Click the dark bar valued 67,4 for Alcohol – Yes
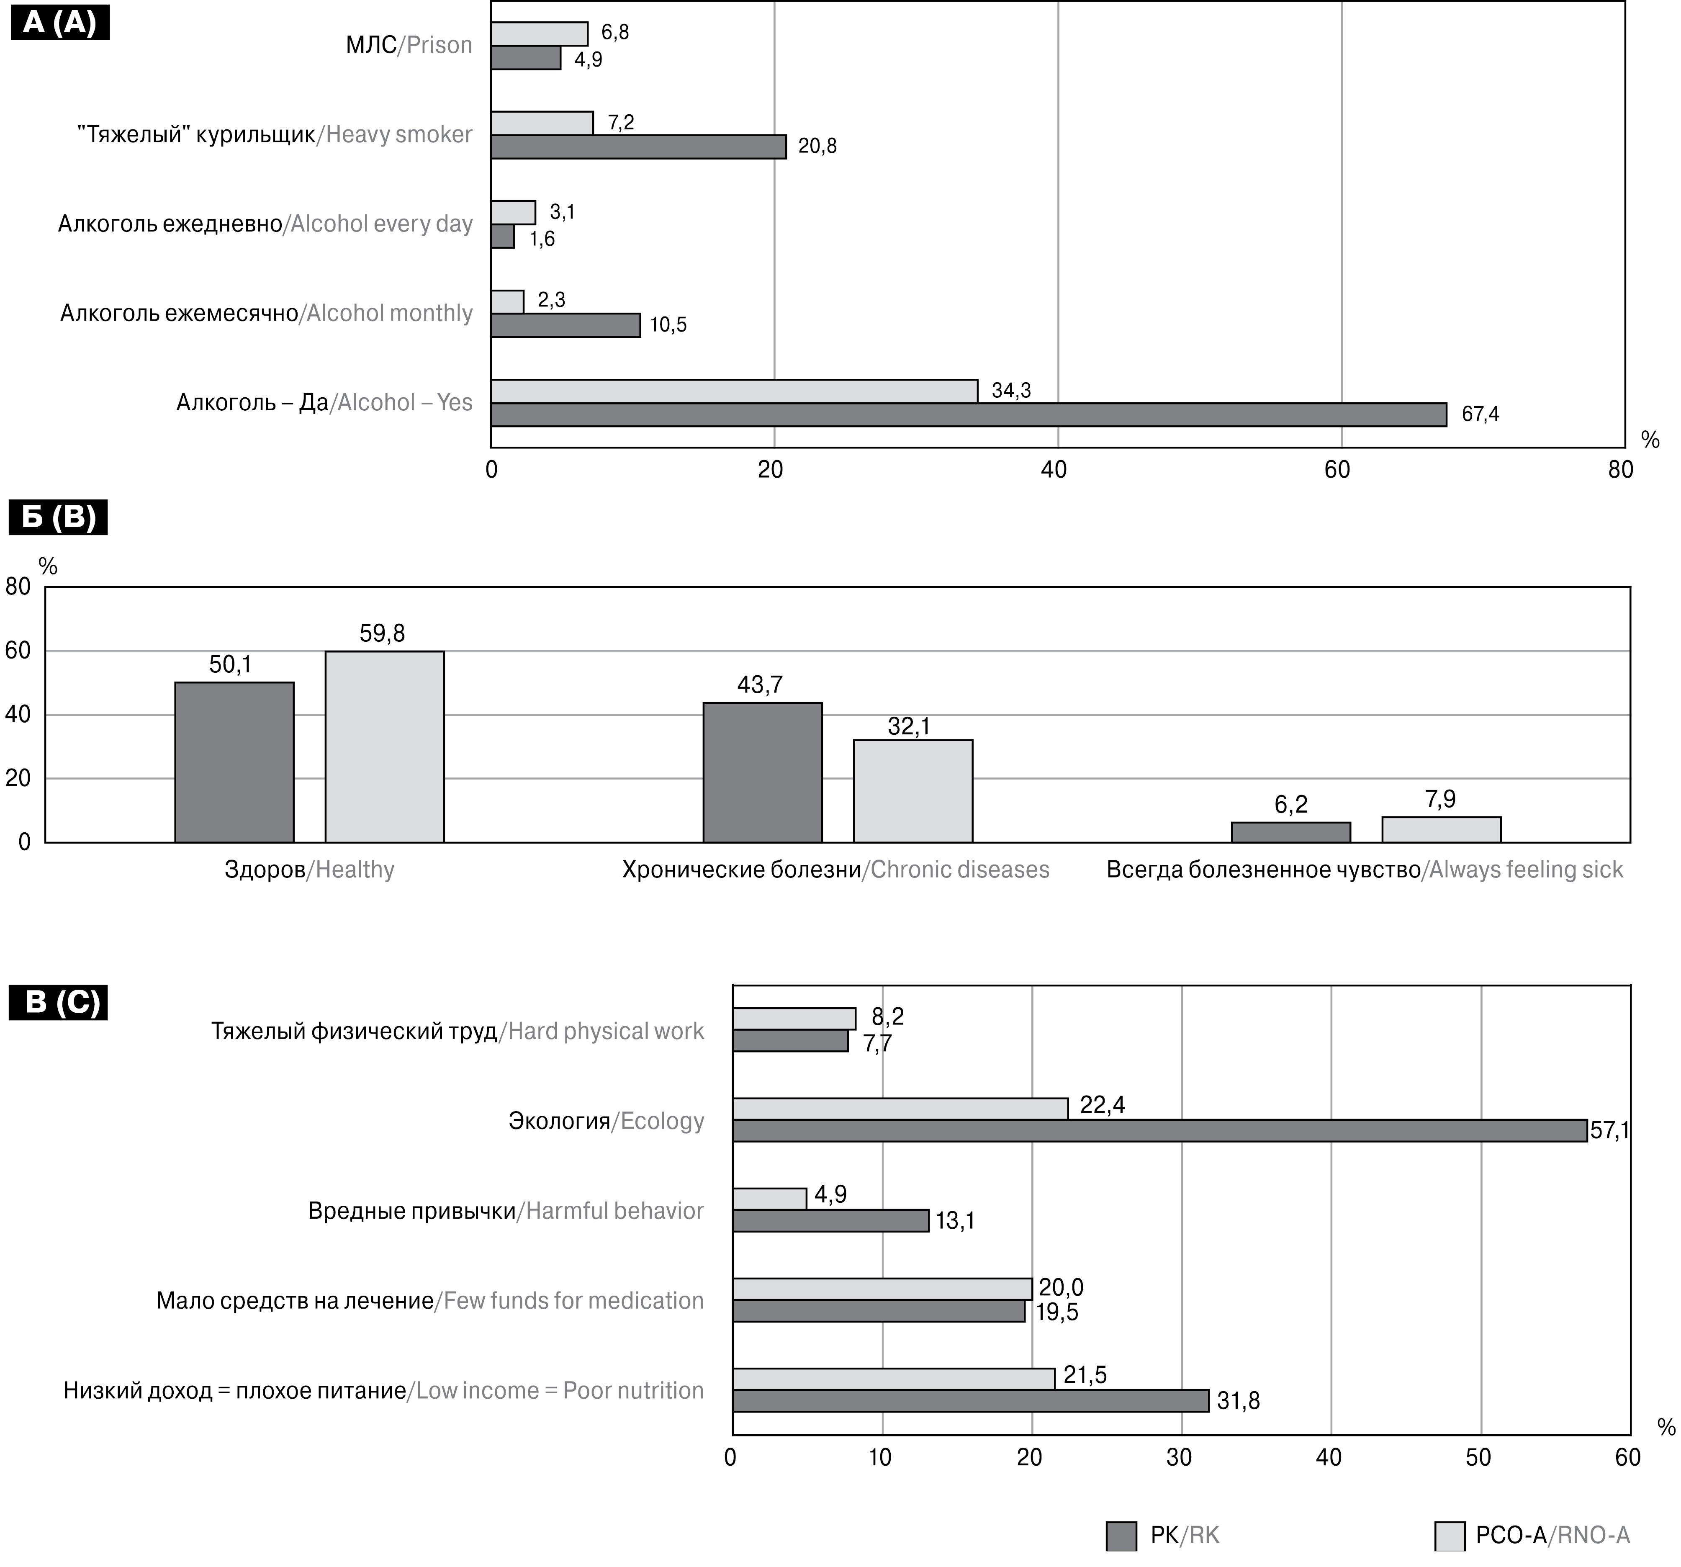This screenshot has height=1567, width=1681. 968,414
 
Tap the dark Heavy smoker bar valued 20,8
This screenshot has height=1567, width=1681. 638,146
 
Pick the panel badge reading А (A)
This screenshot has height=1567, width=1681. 59,23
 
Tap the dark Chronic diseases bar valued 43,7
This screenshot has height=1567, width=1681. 763,772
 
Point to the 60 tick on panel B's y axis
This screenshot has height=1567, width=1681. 18,650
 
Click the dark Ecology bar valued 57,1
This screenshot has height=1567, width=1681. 1159,1131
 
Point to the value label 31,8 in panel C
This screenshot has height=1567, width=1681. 1238,1401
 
